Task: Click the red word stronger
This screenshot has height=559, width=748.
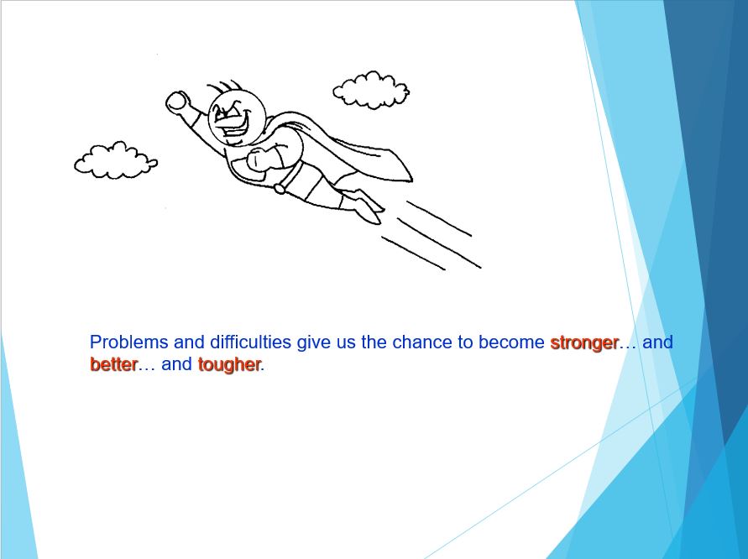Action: click(x=584, y=343)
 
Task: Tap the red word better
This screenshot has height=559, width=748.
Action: click(x=113, y=364)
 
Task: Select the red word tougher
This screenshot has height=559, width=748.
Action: click(x=229, y=365)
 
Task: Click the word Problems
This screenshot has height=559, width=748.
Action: click(x=128, y=342)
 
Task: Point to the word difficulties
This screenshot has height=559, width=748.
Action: click(x=250, y=342)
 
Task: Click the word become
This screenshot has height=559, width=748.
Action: click(x=511, y=342)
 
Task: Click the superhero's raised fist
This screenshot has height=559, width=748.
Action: click(x=178, y=102)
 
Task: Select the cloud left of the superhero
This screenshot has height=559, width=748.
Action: click(x=116, y=161)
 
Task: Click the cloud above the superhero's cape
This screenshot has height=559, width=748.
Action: click(x=371, y=90)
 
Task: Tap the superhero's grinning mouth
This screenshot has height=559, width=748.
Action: click(x=233, y=124)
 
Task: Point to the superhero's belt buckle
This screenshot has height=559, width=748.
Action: click(x=280, y=189)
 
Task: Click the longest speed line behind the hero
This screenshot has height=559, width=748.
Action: click(x=439, y=243)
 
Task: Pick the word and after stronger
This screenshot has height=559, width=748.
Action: click(x=657, y=342)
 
